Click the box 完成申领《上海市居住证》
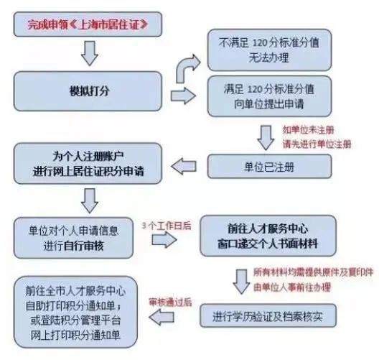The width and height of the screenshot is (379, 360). tap(88, 24)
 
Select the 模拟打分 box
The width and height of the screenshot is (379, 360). tap(88, 91)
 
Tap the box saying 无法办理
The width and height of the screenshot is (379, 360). tap(269, 50)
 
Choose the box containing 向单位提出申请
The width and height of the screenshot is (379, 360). tap(269, 96)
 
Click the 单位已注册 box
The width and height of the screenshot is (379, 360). tap(269, 167)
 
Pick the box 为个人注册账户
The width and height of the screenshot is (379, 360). tap(88, 163)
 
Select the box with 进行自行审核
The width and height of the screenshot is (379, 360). tap(73, 238)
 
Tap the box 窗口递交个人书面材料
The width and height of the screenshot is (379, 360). tap(268, 236)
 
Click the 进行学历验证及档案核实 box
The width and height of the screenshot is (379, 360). tap(268, 315)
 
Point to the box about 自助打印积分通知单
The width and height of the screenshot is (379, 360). tap(75, 312)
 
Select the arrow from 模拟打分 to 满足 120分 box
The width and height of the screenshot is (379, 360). tap(183, 96)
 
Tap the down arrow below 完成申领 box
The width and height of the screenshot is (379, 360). tap(90, 53)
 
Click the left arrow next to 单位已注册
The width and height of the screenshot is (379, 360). tap(184, 167)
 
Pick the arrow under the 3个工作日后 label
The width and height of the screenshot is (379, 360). tap(164, 240)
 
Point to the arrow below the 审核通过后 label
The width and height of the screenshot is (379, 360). tap(162, 317)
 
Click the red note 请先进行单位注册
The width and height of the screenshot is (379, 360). tap(317, 144)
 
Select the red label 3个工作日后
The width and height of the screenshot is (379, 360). tap(167, 226)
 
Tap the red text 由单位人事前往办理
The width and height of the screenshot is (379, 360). tap(292, 287)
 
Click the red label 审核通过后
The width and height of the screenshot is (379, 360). tap(170, 303)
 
